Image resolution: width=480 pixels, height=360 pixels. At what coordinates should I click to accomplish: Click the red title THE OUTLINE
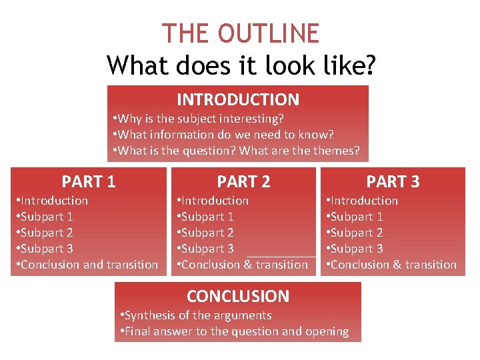pyautogui.click(x=241, y=33)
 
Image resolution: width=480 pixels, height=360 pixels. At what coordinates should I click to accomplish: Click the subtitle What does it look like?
pyautogui.click(x=241, y=65)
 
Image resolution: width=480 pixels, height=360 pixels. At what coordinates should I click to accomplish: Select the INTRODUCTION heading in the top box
pyautogui.click(x=238, y=100)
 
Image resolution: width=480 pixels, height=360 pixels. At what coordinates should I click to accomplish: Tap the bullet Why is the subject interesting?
pyautogui.click(x=199, y=119)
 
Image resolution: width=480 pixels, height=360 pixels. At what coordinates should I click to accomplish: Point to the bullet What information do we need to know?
pyautogui.click(x=223, y=135)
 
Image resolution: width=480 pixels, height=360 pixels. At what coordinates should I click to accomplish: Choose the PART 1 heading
pyautogui.click(x=89, y=181)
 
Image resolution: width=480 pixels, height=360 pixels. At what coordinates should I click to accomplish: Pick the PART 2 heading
pyautogui.click(x=243, y=181)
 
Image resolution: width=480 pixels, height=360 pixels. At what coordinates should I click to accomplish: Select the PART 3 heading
pyautogui.click(x=393, y=181)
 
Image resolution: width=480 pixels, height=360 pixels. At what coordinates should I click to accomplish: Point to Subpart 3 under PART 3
pyautogui.click(x=356, y=249)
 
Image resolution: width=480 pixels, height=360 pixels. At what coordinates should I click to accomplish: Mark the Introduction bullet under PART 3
pyautogui.click(x=364, y=201)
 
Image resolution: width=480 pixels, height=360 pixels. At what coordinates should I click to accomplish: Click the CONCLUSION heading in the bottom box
pyautogui.click(x=238, y=296)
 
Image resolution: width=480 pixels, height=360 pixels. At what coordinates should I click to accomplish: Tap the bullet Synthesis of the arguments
pyautogui.click(x=197, y=315)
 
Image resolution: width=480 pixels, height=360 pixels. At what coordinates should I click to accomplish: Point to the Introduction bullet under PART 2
pyautogui.click(x=215, y=201)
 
